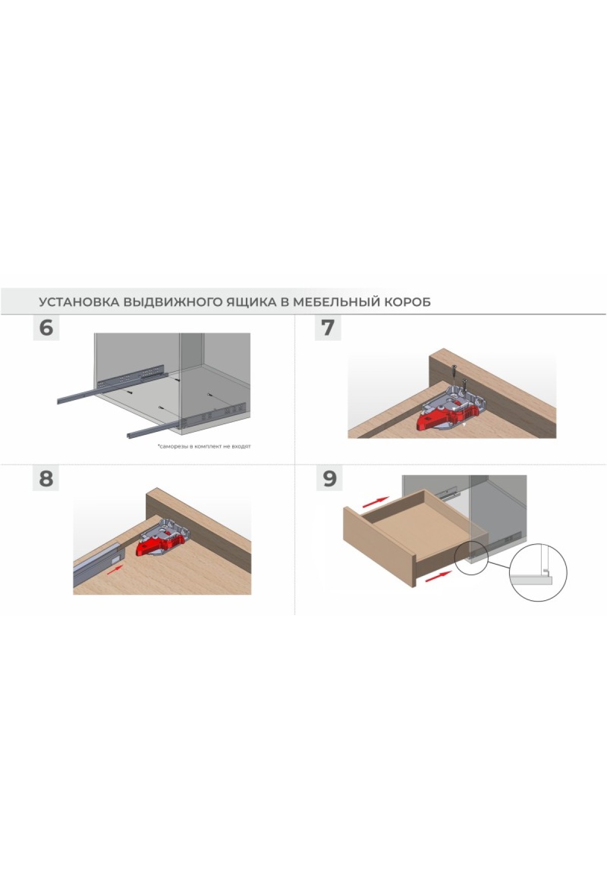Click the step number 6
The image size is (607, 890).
(46, 328)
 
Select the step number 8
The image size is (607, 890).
(46, 478)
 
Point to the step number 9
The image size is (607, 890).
(329, 478)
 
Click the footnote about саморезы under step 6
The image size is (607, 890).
(204, 447)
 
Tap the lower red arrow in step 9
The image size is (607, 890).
(438, 575)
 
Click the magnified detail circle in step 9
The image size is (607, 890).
(538, 573)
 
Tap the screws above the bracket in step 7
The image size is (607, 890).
(459, 375)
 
